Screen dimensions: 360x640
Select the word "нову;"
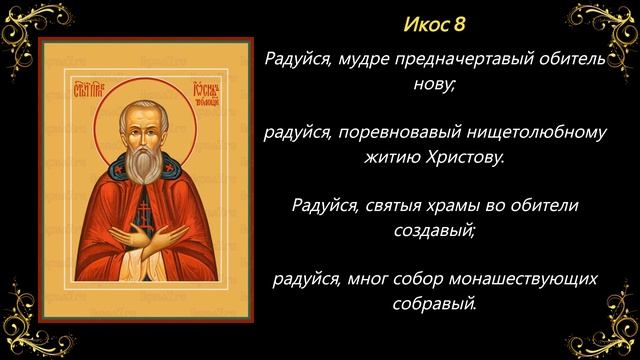tap(433, 86)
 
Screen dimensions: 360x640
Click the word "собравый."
tap(433, 302)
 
